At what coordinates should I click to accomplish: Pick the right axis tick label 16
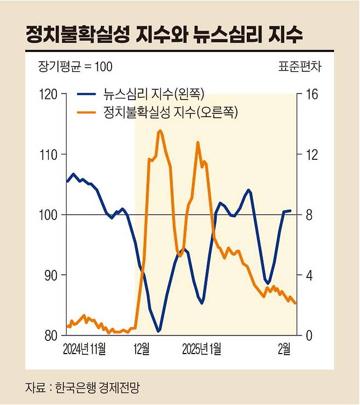[x=310, y=94]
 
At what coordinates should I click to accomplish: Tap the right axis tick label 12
[x=310, y=154]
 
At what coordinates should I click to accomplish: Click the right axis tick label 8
[x=307, y=215]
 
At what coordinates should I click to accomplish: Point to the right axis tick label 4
[x=307, y=275]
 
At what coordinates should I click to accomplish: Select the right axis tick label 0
[x=307, y=335]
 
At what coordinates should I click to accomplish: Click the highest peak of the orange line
[x=159, y=131]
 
